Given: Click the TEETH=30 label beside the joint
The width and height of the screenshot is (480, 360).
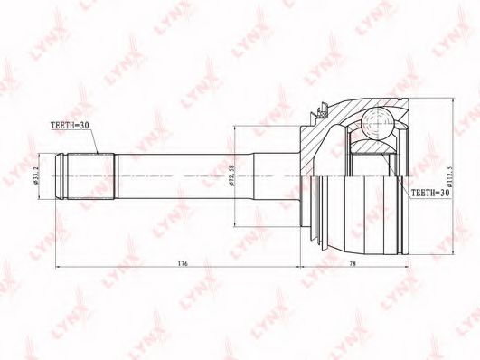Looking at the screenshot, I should point(432,194).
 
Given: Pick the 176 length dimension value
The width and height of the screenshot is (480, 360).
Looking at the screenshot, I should point(181,263).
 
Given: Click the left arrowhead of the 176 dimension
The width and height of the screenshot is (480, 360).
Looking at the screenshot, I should point(60,269).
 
